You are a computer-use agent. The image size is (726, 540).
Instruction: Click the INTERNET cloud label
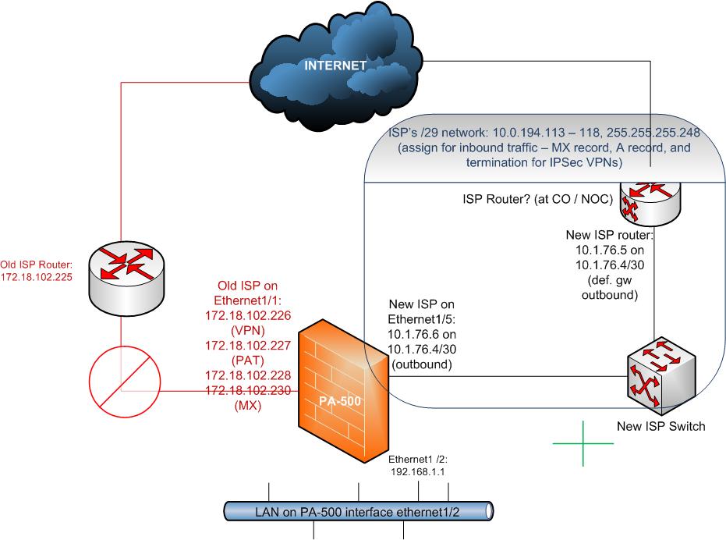pyautogui.click(x=335, y=66)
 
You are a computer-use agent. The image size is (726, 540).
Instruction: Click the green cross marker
pyautogui.click(x=583, y=443)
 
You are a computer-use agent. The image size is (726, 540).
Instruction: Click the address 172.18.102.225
pyautogui.click(x=37, y=277)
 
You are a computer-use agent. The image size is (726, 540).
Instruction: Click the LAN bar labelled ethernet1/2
pyautogui.click(x=359, y=512)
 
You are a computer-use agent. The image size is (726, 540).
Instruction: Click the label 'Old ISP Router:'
pyautogui.click(x=36, y=263)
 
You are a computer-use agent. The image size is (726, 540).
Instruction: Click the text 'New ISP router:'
pyautogui.click(x=608, y=234)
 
